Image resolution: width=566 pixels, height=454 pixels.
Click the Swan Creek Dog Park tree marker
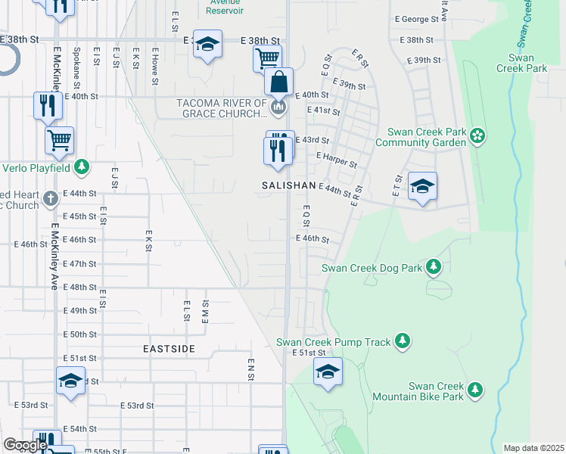pyautogui.click(x=434, y=266)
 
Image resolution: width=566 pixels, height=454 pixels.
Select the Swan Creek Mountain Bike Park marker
pyautogui.click(x=474, y=389)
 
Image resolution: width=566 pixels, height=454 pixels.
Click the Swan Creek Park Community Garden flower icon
pyautogui.click(x=477, y=136)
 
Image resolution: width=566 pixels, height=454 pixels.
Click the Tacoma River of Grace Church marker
pyautogui.click(x=278, y=109)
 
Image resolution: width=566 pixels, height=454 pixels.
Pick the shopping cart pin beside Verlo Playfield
pyautogui.click(x=59, y=140)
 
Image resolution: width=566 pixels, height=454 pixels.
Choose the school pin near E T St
pyautogui.click(x=422, y=186)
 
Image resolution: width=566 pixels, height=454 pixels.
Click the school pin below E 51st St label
pyautogui.click(x=328, y=372)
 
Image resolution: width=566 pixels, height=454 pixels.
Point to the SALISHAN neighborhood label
pyautogui.click(x=288, y=185)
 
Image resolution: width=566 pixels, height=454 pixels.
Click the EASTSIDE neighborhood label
pyautogui.click(x=169, y=349)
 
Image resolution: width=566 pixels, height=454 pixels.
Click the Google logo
pyautogui.click(x=24, y=445)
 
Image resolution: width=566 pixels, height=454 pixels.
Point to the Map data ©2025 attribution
pyautogui.click(x=533, y=448)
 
